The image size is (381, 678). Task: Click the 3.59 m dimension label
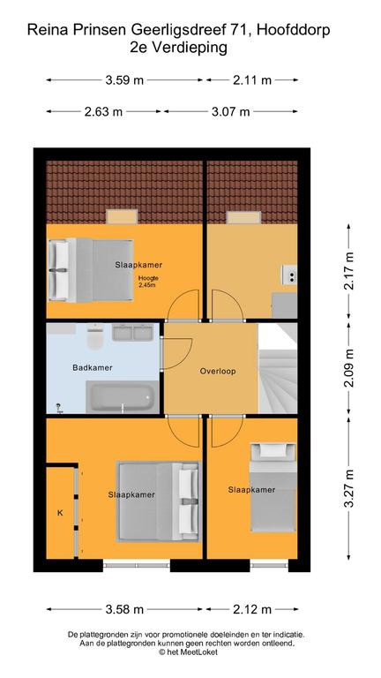click(x=124, y=80)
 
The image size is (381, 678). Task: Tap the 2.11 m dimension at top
click(x=253, y=80)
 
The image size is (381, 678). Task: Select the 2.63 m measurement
click(x=104, y=111)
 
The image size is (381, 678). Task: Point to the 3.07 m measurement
click(x=230, y=111)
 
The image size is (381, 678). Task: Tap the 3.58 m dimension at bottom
click(x=124, y=609)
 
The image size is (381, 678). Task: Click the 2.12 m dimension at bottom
click(x=252, y=609)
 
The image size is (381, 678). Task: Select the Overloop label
click(x=217, y=372)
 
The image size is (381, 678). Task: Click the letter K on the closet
click(x=61, y=513)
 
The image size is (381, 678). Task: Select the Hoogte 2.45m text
click(x=147, y=282)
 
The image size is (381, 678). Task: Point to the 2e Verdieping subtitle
click(x=190, y=48)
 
